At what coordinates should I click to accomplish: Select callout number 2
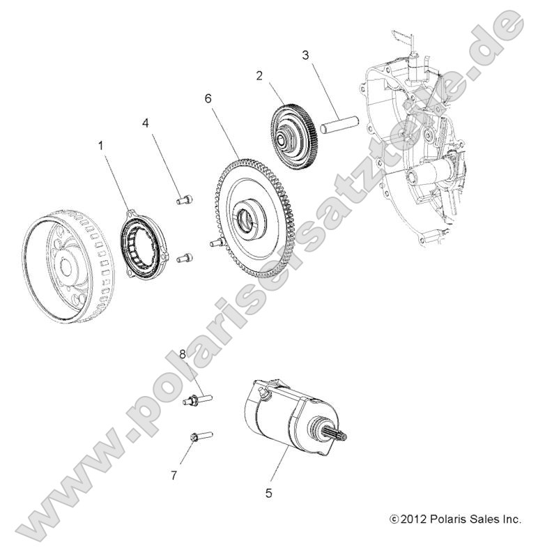coord(259,76)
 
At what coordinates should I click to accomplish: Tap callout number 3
coord(305,54)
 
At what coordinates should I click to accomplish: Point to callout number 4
coord(145,123)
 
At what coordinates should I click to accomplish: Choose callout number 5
coord(268,493)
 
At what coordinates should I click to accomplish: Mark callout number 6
coord(208,99)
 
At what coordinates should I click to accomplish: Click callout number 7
coord(174,475)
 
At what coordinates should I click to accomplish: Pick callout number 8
coord(183,355)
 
